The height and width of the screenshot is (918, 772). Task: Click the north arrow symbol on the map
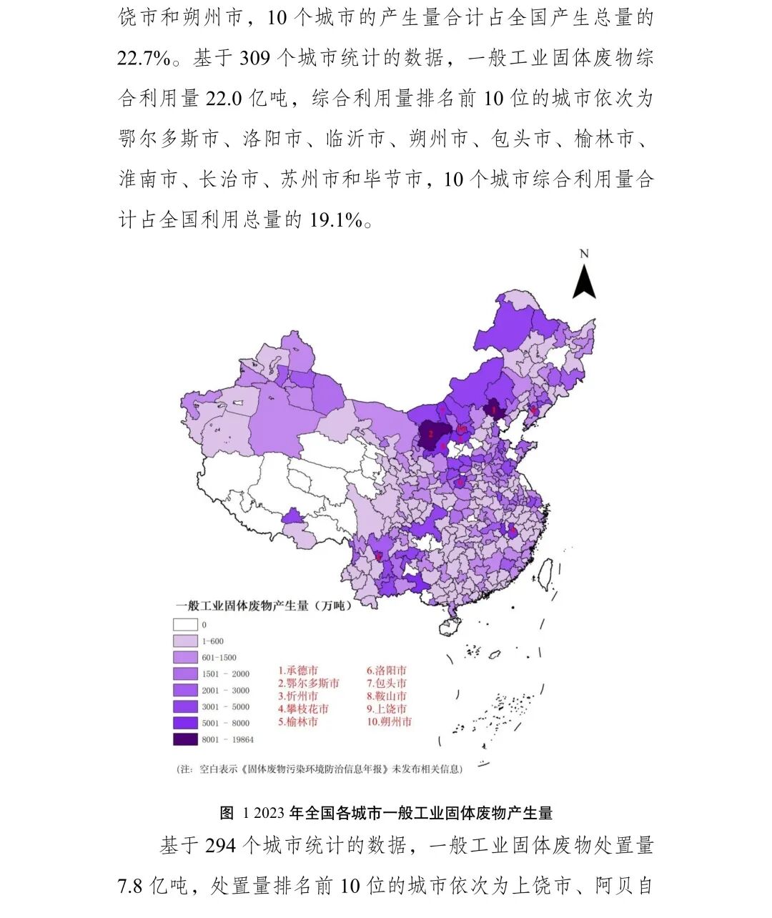[x=584, y=280]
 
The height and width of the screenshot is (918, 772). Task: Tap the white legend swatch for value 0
[x=185, y=625]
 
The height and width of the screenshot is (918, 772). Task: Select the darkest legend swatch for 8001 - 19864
[x=185, y=739]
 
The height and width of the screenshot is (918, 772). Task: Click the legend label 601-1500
[x=219, y=658]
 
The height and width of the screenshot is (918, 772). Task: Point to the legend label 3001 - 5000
[x=225, y=707]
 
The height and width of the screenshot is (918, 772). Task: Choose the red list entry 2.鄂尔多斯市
[x=309, y=683]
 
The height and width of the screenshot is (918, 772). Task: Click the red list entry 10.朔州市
[x=389, y=722]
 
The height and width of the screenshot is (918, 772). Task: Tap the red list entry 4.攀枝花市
[x=304, y=709]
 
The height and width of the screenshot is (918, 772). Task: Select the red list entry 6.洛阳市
[x=387, y=671]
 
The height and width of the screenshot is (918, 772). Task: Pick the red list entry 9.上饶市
[x=387, y=709]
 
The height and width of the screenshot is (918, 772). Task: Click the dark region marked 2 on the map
[x=431, y=433]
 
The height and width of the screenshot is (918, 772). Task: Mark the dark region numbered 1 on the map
[x=494, y=409]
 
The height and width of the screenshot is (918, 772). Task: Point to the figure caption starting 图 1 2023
[x=386, y=813]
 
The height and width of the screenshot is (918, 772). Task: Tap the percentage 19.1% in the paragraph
[x=336, y=219]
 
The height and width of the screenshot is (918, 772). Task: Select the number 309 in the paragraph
[x=254, y=58]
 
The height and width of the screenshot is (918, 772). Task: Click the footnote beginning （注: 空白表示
[x=320, y=769]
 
